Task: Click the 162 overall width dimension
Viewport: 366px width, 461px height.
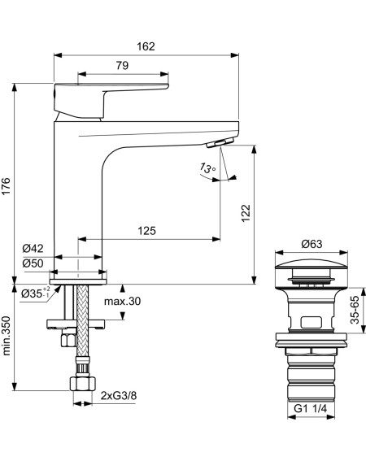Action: [146, 46]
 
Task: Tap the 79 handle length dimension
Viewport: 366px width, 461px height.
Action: [122, 65]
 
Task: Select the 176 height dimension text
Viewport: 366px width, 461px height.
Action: [6, 186]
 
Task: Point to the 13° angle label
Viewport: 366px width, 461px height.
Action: [207, 168]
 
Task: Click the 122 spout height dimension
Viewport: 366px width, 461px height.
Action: [246, 213]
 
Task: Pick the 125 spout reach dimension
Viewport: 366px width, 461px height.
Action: [147, 231]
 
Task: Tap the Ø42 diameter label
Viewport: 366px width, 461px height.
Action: [33, 249]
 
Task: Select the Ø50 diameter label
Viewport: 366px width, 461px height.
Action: [33, 263]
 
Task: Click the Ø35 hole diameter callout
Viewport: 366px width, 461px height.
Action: [35, 293]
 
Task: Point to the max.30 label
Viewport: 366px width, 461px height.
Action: [122, 301]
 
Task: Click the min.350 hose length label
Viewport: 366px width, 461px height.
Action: [6, 336]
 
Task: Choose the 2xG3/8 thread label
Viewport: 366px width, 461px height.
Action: [119, 396]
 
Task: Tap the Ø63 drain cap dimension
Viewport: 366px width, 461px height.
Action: [312, 244]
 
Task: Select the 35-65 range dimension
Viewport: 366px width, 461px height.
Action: [355, 310]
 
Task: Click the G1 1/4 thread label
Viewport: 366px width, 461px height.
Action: [311, 408]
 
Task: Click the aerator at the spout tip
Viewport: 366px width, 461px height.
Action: [220, 143]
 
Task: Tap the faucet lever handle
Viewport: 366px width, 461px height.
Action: [111, 100]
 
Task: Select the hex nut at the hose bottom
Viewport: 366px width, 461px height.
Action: [82, 384]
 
